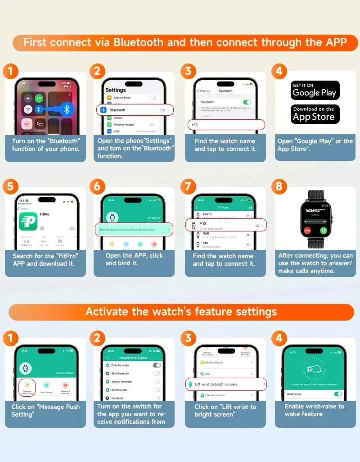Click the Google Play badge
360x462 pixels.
(314, 91)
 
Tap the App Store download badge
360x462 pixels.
(314, 114)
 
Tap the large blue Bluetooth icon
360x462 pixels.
(67, 109)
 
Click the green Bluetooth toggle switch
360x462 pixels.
(247, 102)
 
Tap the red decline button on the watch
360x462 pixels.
(307, 230)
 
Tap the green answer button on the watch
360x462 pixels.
(323, 230)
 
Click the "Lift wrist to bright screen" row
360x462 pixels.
(226, 384)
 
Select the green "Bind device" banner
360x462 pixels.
(135, 230)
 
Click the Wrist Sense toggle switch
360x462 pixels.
(337, 394)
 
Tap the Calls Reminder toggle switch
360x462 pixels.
(157, 365)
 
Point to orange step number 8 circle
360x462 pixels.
(279, 186)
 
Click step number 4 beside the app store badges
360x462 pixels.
(279, 71)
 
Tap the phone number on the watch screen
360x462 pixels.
(315, 210)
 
